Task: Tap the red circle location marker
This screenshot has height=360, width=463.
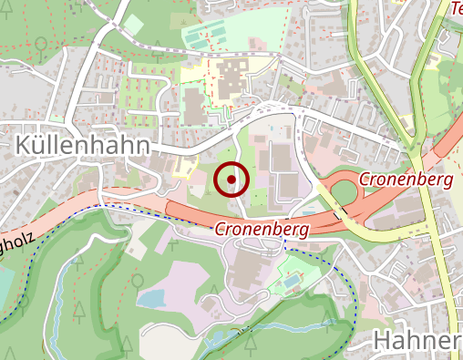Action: (231, 180)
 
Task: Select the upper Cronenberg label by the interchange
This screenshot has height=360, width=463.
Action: (406, 180)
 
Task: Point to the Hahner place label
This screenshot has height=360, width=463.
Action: (417, 341)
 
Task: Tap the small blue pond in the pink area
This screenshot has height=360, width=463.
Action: (151, 298)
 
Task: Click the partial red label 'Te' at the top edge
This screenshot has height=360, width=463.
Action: (456, 8)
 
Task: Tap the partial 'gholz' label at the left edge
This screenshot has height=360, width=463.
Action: (16, 243)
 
